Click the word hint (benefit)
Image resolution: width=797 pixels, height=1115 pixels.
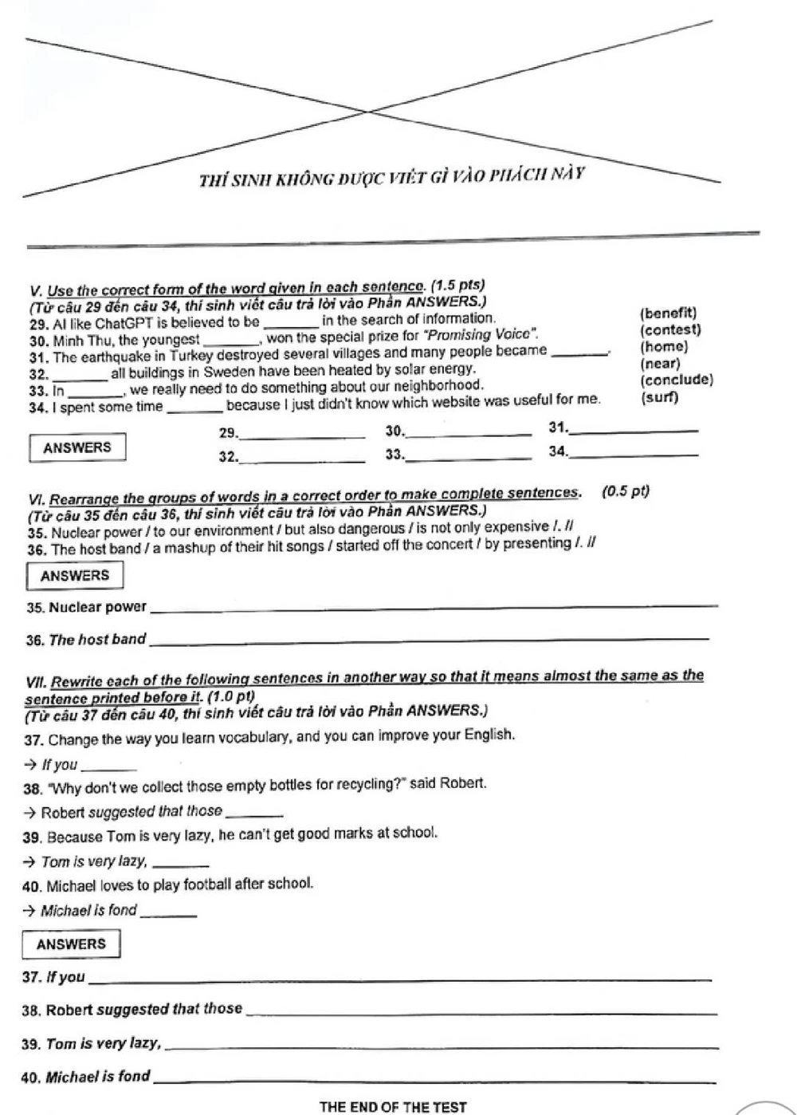click(x=668, y=313)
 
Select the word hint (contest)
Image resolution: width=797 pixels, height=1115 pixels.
click(x=669, y=330)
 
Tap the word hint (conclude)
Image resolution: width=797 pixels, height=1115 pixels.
click(x=676, y=380)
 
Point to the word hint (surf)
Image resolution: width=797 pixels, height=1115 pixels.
click(x=659, y=398)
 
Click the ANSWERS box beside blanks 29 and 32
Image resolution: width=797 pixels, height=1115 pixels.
click(x=77, y=447)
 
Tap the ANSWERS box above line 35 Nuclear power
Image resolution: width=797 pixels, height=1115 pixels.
click(x=75, y=576)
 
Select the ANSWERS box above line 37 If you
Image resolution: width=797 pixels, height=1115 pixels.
click(x=71, y=944)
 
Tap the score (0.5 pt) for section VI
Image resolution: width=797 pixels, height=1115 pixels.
click(x=626, y=491)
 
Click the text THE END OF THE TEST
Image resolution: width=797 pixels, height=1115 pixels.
click(x=392, y=1107)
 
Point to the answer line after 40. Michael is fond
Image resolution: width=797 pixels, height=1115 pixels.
click(x=434, y=1080)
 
